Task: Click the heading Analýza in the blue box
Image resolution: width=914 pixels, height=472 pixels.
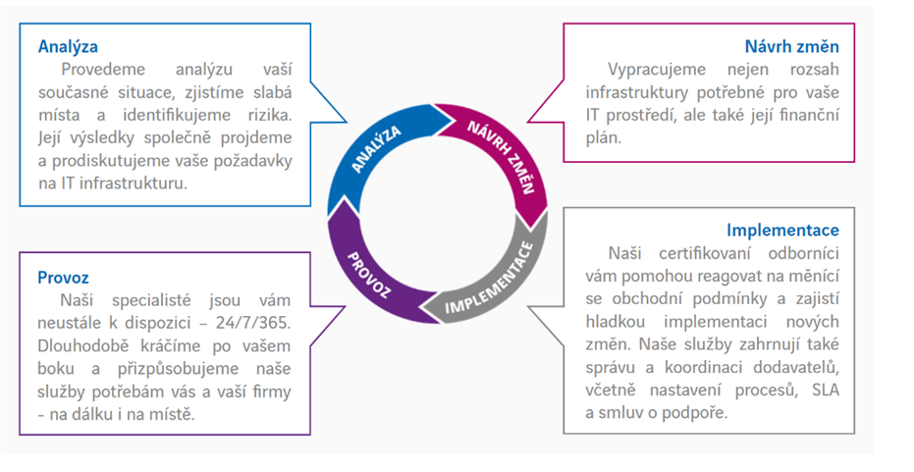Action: [68, 46]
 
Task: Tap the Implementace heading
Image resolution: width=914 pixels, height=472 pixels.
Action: [782, 230]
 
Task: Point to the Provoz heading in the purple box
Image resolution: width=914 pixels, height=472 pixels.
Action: [64, 278]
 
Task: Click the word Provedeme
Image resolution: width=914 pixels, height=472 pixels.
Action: [105, 70]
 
